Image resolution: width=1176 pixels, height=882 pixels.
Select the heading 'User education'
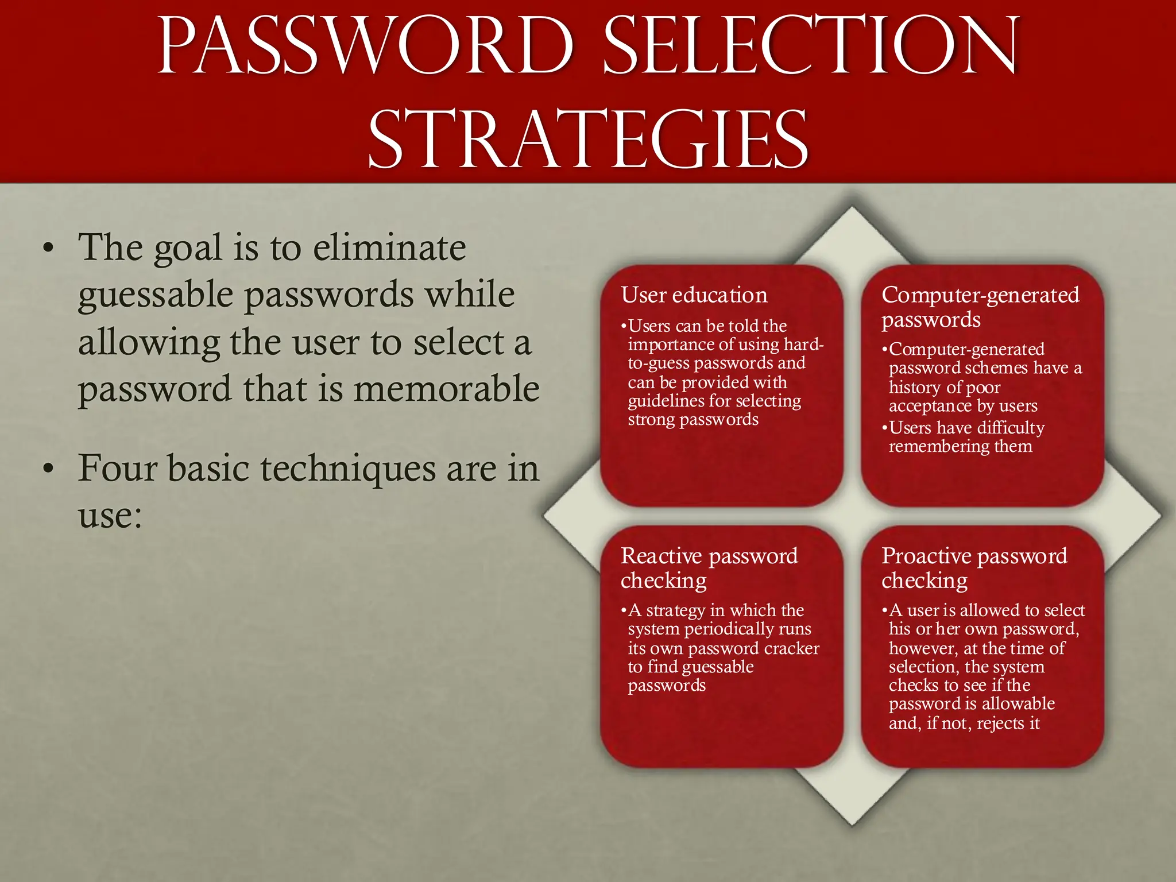click(x=694, y=295)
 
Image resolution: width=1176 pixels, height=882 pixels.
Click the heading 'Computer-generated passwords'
click(x=980, y=307)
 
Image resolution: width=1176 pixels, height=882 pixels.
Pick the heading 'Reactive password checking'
click(x=709, y=568)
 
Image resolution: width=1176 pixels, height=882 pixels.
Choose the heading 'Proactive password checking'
click(x=974, y=568)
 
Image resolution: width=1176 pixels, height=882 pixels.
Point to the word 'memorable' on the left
click(x=446, y=389)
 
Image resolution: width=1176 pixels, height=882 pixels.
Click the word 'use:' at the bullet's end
click(x=110, y=515)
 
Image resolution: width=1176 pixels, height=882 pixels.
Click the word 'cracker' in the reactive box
click(x=792, y=648)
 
